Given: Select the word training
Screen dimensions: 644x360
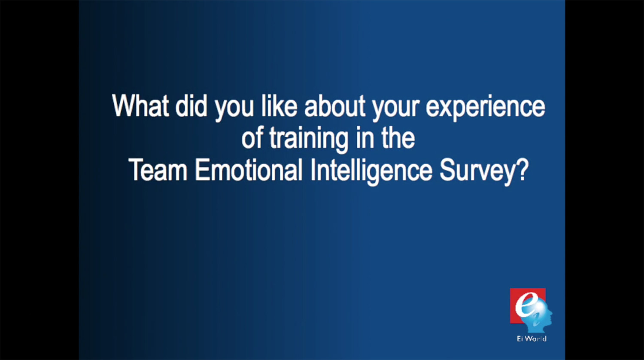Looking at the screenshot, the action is coord(309,140).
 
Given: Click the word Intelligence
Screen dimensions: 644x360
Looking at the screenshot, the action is coord(371,172).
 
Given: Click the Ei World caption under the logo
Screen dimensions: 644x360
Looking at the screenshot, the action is coord(532,339).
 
